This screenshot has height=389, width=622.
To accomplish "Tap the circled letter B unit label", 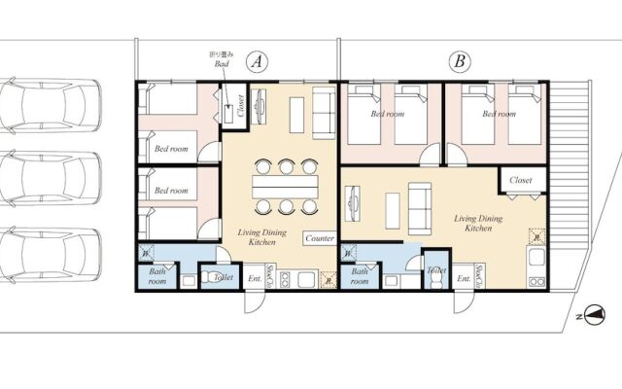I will (x=461, y=61).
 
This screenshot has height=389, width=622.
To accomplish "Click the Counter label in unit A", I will (x=320, y=238).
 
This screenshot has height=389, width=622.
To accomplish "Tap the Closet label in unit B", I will (x=520, y=180).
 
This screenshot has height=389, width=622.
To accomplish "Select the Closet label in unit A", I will (x=241, y=109).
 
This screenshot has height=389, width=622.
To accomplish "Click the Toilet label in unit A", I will (x=224, y=277).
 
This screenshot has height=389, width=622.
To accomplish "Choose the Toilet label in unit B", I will (x=436, y=270).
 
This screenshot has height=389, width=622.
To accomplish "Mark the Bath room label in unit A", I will (x=156, y=277).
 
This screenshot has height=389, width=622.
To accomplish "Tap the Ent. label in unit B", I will (x=464, y=278).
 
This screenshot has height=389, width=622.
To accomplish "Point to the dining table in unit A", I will (x=285, y=185).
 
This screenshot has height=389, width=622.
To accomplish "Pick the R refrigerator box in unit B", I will (x=536, y=236).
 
